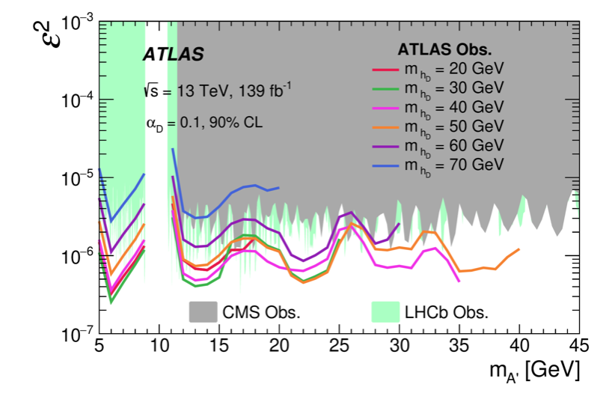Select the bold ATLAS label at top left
point(173,55)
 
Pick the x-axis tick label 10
point(159,346)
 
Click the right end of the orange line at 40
point(518,249)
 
